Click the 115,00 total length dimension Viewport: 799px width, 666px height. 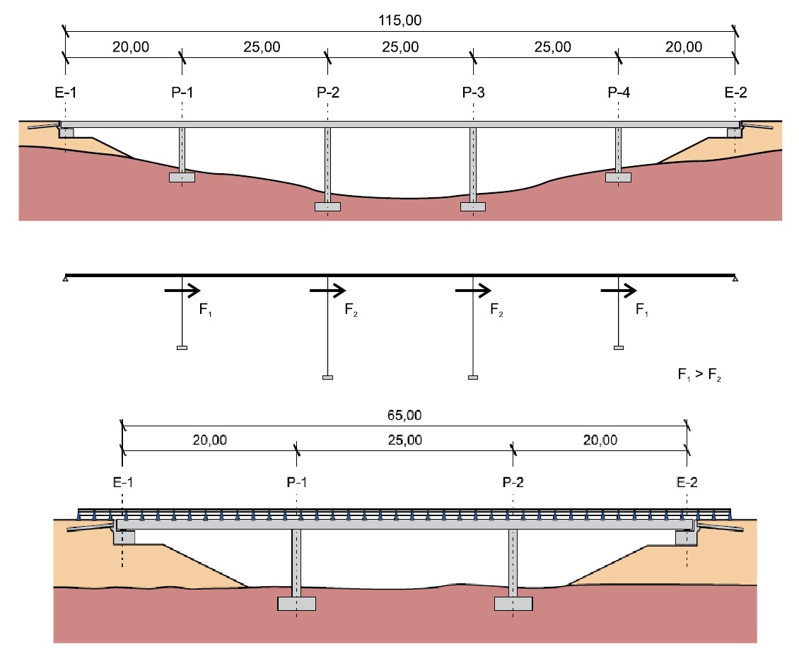coord(401,21)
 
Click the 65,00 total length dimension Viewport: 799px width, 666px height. coord(404,415)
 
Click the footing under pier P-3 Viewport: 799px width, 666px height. coord(473,206)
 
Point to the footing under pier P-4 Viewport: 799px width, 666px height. coord(618,177)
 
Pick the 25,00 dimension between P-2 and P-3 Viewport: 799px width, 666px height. coord(400,47)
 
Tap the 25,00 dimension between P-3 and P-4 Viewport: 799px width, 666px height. coord(546,47)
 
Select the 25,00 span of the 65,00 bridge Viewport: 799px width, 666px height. coord(404,440)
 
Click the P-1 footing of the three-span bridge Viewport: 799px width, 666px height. coord(296,604)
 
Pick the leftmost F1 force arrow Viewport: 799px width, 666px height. coord(183,290)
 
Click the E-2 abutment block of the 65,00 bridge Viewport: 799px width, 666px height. coord(686,538)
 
